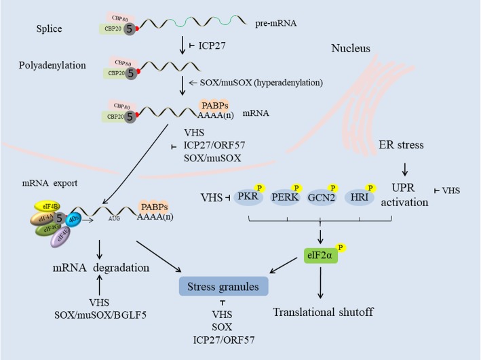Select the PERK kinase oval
pos(286,197)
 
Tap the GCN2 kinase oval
pos(330,197)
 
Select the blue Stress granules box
pos(223,287)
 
